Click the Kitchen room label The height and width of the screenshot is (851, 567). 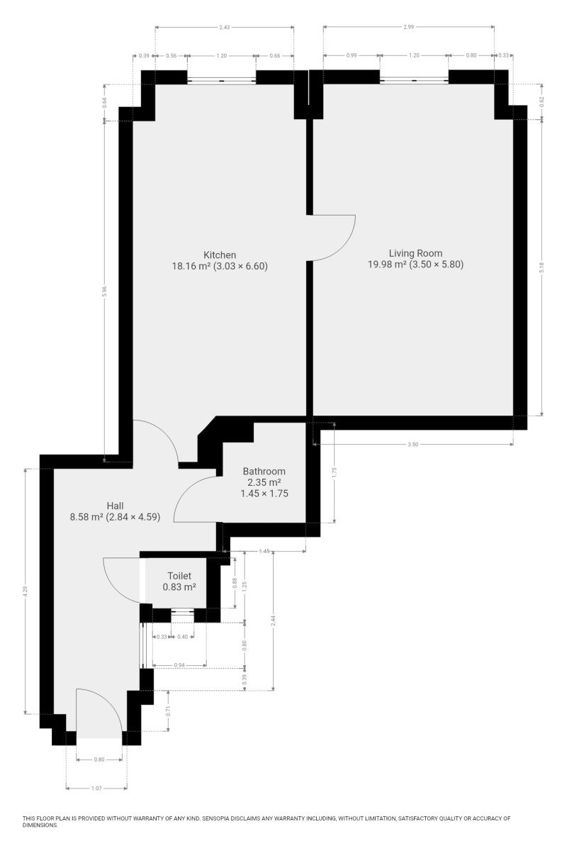[220, 255]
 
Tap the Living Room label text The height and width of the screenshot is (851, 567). [415, 253]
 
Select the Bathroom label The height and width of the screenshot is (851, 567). [264, 471]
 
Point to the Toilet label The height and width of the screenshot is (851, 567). [179, 576]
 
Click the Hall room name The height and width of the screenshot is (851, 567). [115, 506]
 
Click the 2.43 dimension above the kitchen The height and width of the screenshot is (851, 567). [225, 28]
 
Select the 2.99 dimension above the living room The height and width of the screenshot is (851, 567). [409, 27]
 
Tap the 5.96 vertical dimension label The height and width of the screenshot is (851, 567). [105, 291]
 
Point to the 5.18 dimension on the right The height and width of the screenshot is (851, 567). [542, 267]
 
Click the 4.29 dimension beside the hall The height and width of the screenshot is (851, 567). [26, 591]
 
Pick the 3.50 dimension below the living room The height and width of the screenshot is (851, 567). [412, 444]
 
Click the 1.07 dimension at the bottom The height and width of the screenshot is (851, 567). [96, 789]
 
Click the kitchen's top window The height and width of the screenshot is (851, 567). [221, 80]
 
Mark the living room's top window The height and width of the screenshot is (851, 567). [414, 80]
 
